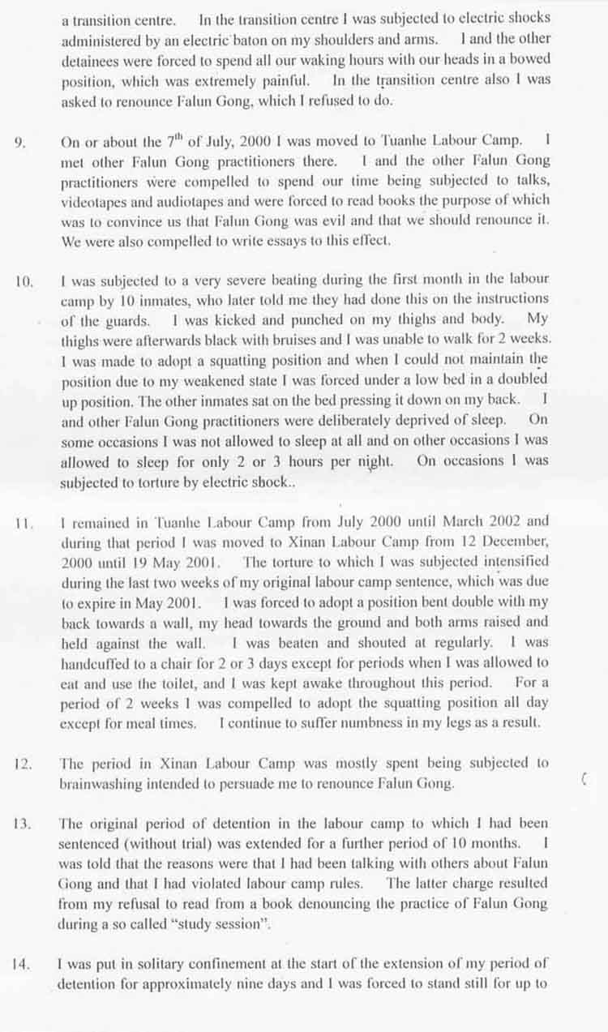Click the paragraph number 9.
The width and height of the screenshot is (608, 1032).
coord(19,142)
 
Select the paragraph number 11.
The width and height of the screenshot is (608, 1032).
coord(23,522)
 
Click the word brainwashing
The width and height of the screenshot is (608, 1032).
coord(99,784)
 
